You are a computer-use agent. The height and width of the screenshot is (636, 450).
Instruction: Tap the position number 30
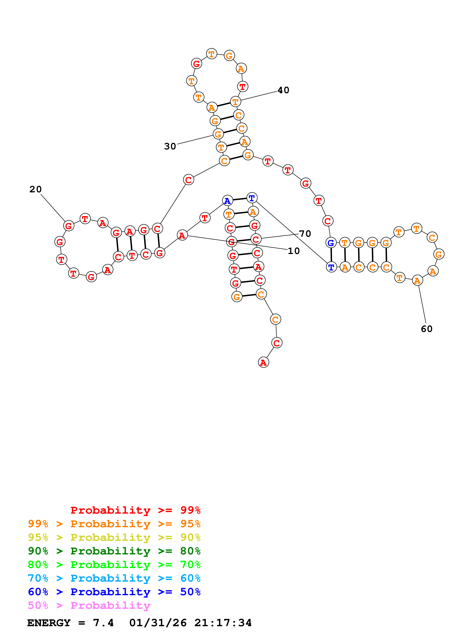point(170,146)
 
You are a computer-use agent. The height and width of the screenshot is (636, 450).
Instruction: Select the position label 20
point(36,189)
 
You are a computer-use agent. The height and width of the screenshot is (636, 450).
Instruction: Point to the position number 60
point(426,329)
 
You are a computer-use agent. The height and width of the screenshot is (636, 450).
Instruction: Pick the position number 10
point(294,251)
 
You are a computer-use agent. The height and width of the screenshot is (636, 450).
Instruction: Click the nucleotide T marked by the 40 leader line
point(235,102)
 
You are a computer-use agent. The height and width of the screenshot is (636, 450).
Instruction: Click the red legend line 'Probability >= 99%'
point(135,510)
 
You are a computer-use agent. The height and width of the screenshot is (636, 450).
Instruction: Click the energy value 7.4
point(103,623)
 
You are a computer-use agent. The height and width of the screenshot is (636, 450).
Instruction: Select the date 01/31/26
point(158,623)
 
